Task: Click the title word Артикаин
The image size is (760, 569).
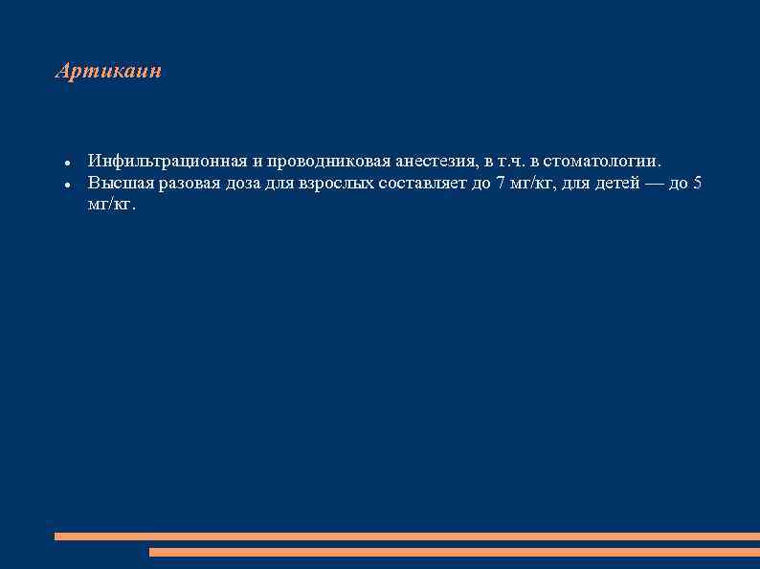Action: tap(108, 72)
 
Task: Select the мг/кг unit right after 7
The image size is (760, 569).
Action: tap(529, 184)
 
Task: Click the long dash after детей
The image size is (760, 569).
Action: tap(655, 184)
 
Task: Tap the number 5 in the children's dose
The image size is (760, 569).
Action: tap(697, 184)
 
